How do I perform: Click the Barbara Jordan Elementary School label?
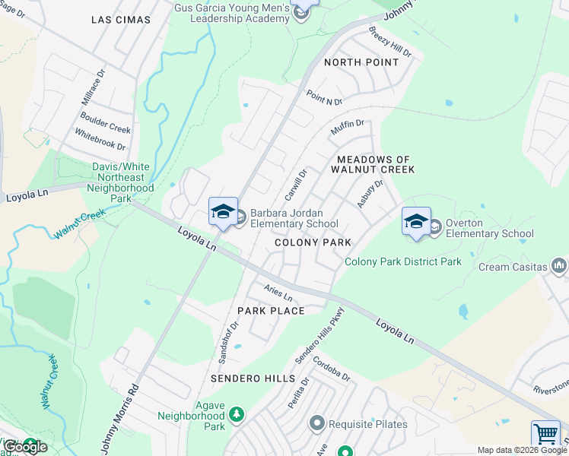tap(294, 219)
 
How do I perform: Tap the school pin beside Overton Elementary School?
tap(416, 221)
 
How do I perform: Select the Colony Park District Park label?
tap(403, 261)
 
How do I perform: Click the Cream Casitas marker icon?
tap(560, 266)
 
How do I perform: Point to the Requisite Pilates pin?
tap(317, 423)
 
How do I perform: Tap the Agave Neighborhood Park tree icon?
tap(237, 414)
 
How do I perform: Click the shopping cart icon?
tap(545, 434)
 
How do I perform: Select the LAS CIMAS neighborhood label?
tap(120, 20)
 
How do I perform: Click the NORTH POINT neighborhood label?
tap(361, 62)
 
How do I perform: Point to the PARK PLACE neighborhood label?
tap(271, 311)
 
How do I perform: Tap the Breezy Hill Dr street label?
tap(389, 43)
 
